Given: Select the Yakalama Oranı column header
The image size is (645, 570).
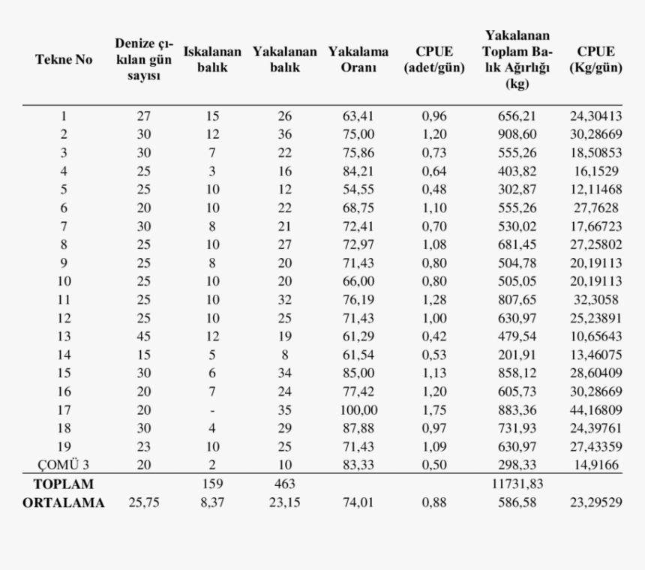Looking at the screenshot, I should coord(358,60).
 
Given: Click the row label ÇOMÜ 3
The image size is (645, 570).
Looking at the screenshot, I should coord(63,464).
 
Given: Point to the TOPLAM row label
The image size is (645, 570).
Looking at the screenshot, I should coord(63,484).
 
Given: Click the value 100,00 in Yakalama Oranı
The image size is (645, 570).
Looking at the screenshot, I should coord(358,410).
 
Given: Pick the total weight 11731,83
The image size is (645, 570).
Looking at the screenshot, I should coord(517,484).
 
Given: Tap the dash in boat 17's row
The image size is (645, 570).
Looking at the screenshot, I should coord(212,410).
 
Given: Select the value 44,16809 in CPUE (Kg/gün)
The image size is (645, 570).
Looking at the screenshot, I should coord(596,410).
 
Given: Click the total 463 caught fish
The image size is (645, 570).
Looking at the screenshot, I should coord(284,484).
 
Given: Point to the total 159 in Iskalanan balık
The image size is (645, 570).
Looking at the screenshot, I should coord(212,484).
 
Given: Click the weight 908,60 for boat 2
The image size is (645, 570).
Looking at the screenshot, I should coord(517,134).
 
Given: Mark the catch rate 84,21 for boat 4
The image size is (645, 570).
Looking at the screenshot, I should coord(358,171).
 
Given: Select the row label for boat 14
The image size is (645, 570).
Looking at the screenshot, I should coord(63,355).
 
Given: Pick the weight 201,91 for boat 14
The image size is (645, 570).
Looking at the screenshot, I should coord(517,355).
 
